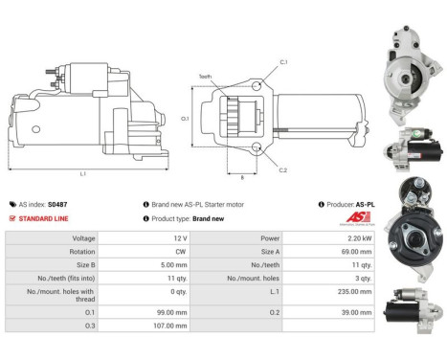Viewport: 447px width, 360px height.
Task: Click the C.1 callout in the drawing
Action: tap(283, 62)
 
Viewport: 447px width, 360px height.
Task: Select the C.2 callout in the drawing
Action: tap(283, 169)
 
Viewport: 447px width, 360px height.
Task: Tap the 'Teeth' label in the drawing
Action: tap(205, 77)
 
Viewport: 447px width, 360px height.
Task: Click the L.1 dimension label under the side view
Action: tap(83, 173)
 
